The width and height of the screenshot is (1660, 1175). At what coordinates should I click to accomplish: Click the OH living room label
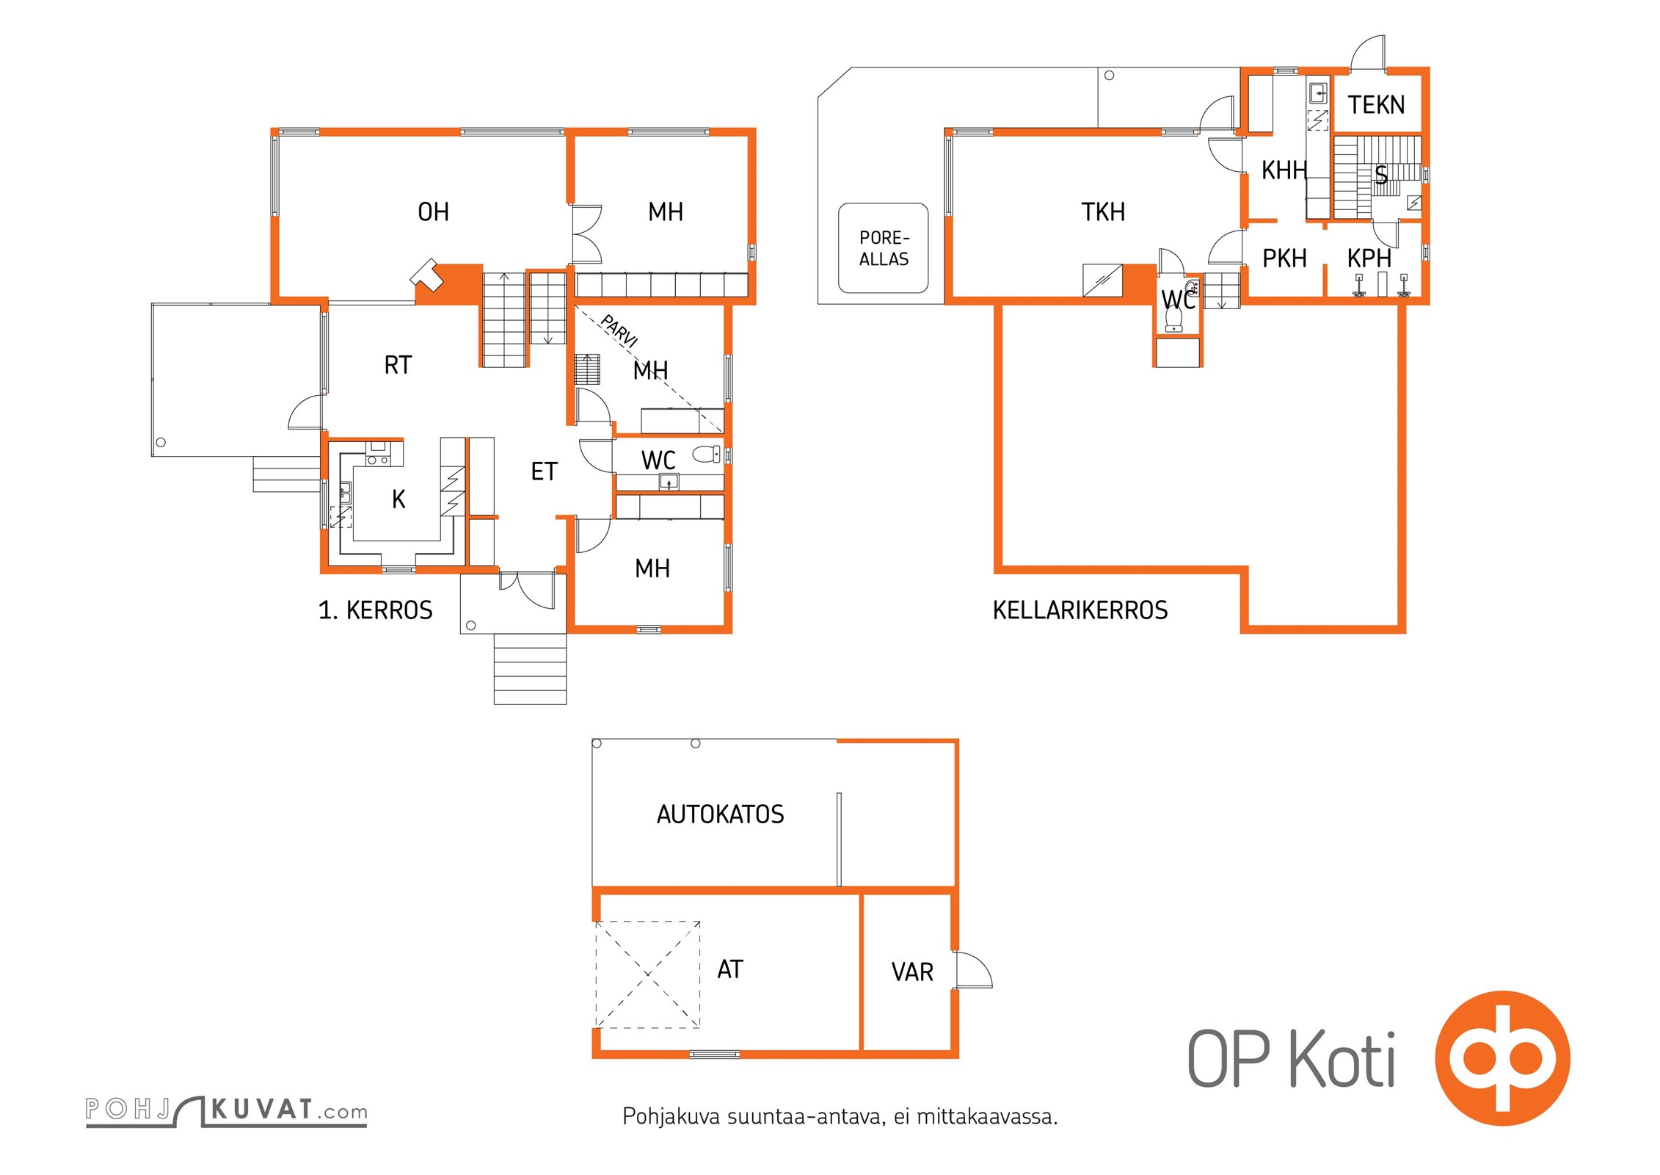click(433, 212)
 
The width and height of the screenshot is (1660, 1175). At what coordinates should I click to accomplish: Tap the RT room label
click(398, 365)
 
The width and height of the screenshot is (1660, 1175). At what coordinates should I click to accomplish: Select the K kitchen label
click(398, 499)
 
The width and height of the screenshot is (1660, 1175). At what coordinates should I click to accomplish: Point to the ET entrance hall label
click(545, 471)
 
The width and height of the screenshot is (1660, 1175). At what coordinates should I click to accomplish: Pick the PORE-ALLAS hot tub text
click(884, 248)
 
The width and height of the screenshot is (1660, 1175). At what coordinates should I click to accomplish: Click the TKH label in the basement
click(1103, 212)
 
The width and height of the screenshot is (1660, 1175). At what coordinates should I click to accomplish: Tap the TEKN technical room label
click(1376, 105)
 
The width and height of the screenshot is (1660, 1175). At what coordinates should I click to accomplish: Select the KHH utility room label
click(1284, 170)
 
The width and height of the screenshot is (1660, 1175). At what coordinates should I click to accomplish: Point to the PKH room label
click(1284, 258)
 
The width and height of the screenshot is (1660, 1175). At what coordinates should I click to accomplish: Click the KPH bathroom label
click(1369, 258)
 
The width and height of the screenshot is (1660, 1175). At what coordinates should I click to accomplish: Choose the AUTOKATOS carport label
click(721, 814)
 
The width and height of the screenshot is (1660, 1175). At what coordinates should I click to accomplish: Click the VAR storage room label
click(912, 972)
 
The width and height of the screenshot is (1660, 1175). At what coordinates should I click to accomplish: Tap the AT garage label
click(730, 969)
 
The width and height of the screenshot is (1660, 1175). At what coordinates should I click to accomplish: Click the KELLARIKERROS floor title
click(1080, 610)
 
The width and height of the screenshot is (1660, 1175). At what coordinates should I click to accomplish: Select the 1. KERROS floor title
click(376, 610)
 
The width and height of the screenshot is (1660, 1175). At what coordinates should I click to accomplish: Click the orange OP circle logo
click(1503, 1058)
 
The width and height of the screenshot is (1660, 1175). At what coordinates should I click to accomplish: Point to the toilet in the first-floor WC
click(707, 455)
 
